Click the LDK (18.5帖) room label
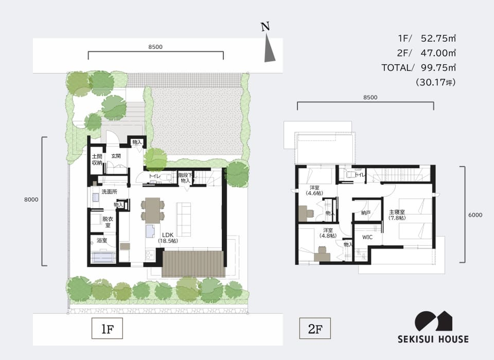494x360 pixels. [x=168, y=238]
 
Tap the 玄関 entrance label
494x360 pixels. [x=116, y=156]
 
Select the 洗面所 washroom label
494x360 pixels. [x=109, y=192]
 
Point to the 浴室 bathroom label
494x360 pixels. [x=102, y=240]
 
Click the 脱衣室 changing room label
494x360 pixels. [x=108, y=222]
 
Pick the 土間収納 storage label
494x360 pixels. [x=97, y=159]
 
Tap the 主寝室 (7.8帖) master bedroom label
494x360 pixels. [x=397, y=215]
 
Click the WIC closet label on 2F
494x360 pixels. [x=367, y=237]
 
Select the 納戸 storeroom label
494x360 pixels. [x=366, y=213]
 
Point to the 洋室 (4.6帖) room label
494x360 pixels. [x=315, y=190]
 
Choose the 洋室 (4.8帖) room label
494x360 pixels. [x=328, y=233]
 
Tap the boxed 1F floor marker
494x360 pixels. [x=107, y=329]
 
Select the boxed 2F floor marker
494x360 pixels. [x=315, y=329]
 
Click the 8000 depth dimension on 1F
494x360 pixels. [x=31, y=199]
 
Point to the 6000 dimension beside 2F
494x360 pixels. [x=475, y=215]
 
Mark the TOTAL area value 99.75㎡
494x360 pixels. [x=438, y=67]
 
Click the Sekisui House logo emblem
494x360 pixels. [x=433, y=321]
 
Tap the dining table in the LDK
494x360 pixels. [x=153, y=209]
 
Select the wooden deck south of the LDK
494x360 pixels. [x=193, y=264]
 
